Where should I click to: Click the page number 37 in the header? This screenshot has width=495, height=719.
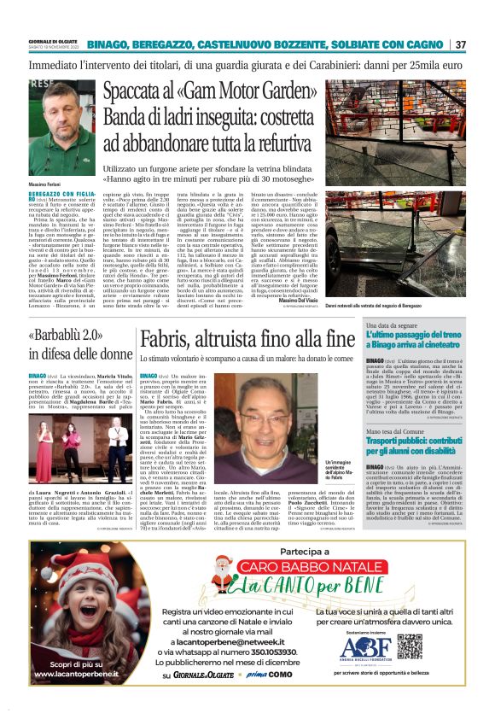[460, 44]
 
